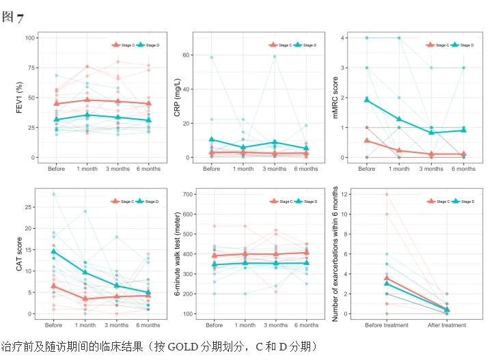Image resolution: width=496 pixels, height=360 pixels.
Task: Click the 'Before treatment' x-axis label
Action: [387, 325]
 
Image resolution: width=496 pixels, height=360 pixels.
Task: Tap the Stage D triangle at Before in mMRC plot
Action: [367, 100]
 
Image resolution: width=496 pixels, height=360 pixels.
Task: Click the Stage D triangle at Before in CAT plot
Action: [53, 251]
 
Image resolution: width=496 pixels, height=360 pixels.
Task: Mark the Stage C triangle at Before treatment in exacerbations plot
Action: [387, 278]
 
